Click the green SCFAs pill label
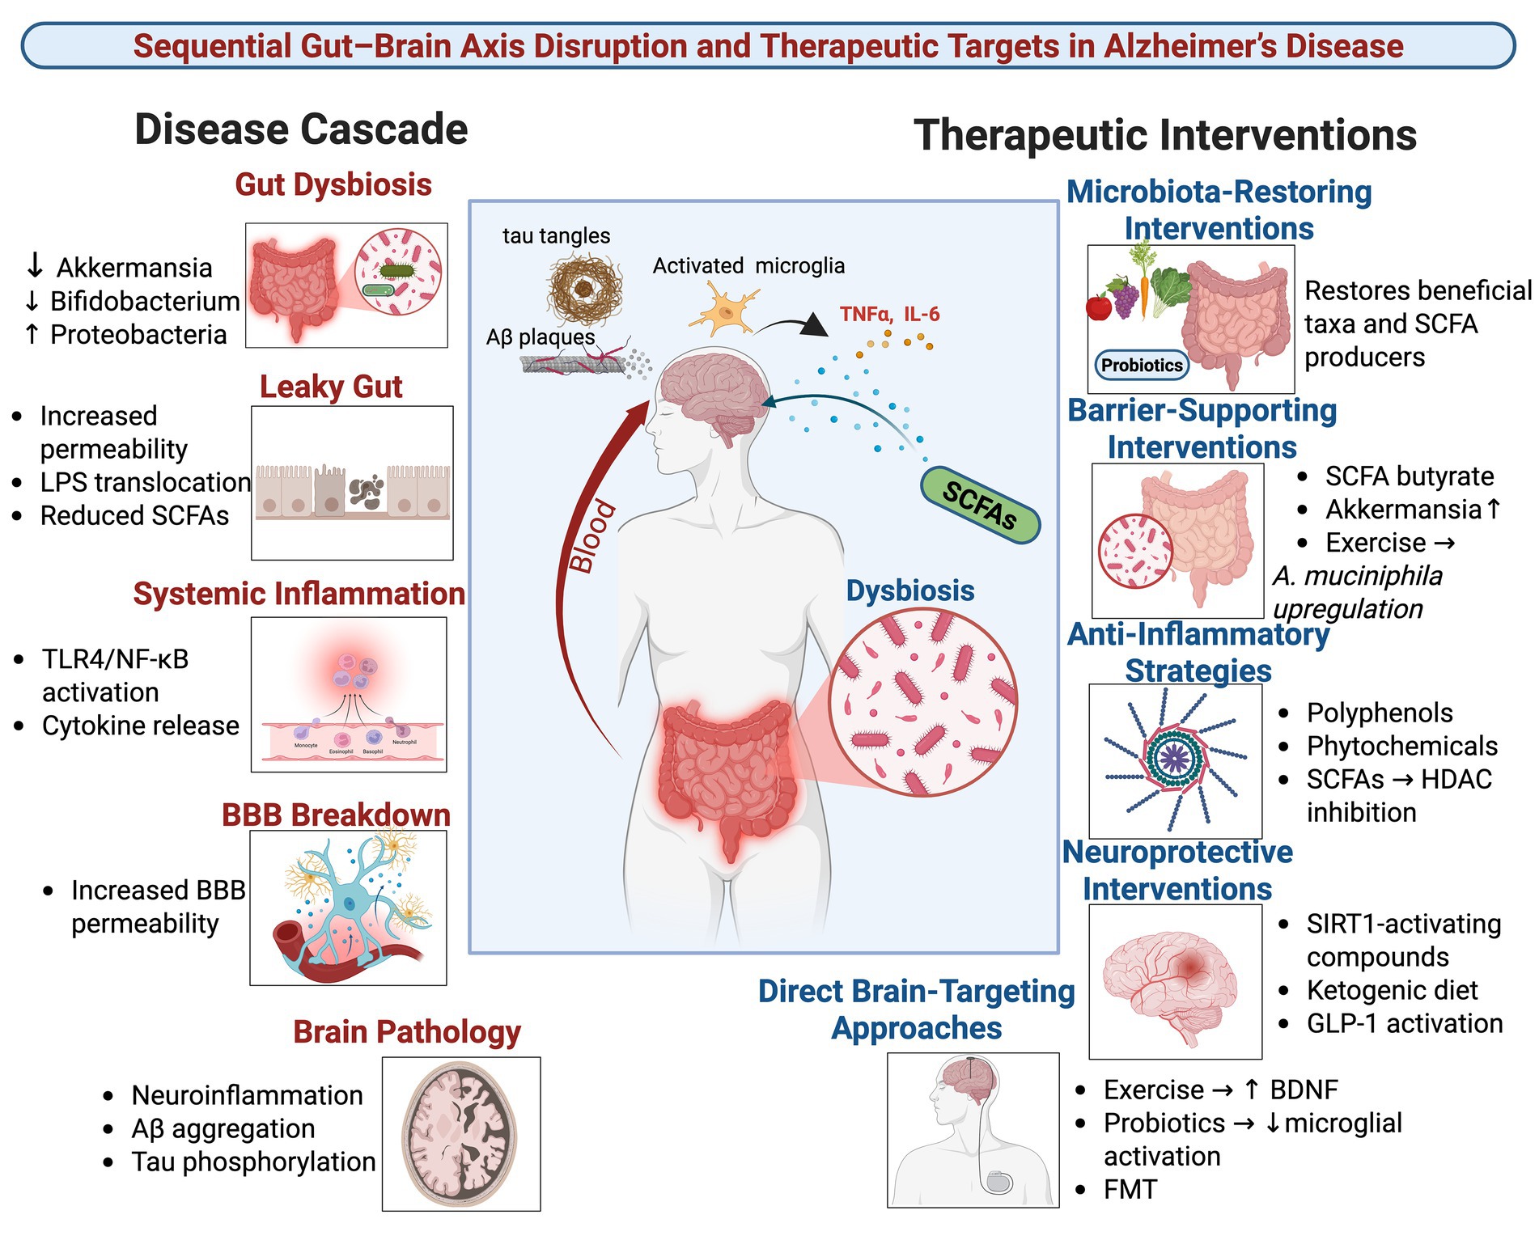[x=980, y=505]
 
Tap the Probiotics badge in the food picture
[x=1141, y=365]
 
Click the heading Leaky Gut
[x=330, y=387]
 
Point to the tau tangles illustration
[x=584, y=288]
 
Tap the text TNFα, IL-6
[x=889, y=314]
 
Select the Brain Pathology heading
[x=406, y=1032]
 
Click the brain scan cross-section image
[x=460, y=1133]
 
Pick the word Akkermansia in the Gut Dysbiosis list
[x=134, y=268]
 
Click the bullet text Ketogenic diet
[x=1392, y=990]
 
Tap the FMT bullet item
[x=1130, y=1189]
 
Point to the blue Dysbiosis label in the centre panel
[x=909, y=590]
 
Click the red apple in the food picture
[x=1098, y=307]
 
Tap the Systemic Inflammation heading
[x=299, y=594]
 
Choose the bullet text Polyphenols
[x=1380, y=713]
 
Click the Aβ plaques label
[x=540, y=337]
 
